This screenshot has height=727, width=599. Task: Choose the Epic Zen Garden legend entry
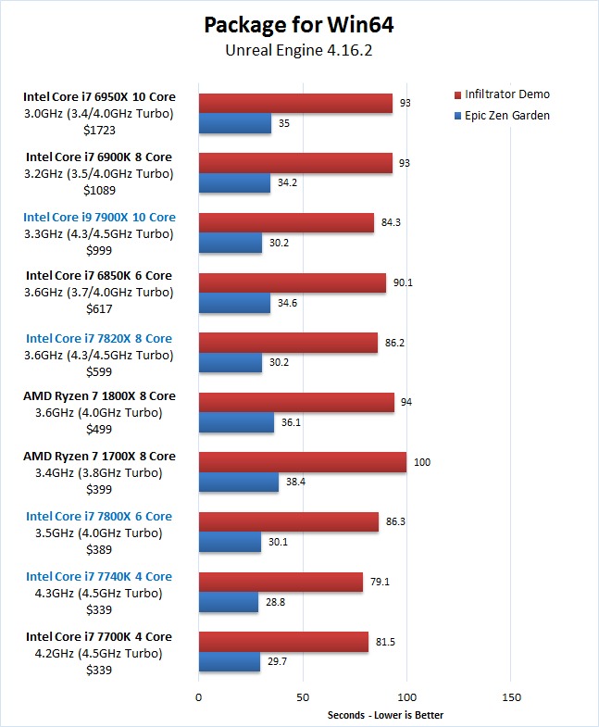507,116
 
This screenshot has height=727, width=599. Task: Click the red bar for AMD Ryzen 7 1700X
303,462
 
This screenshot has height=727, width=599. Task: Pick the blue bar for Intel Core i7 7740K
229,602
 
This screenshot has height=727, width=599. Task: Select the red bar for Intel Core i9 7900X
286,223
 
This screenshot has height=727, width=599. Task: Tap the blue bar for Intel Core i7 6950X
235,123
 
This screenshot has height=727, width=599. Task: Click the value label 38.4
296,483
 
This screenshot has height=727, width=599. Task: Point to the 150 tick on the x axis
510,696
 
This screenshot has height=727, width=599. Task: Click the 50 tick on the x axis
303,696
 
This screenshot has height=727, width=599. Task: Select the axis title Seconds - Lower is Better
385,715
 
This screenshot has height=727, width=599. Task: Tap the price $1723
99,130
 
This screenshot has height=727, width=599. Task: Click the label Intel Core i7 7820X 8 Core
99,338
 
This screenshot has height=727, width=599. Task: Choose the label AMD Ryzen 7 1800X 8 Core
99,396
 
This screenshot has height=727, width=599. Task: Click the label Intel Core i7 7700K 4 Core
99,636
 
